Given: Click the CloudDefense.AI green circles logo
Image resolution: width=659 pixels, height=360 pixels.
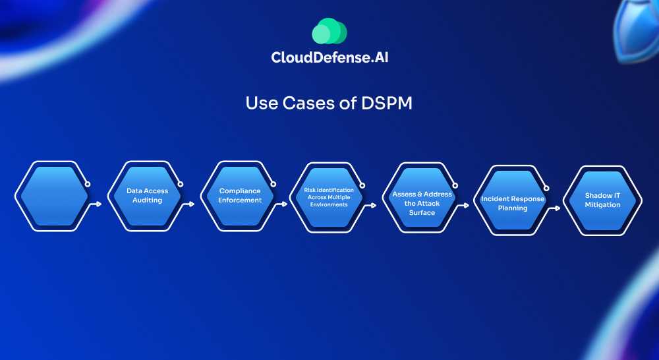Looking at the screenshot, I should tap(329, 31).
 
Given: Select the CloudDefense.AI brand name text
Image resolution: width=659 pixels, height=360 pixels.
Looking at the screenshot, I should tap(334, 58).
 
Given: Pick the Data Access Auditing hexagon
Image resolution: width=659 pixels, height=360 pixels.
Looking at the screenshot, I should tap(147, 196).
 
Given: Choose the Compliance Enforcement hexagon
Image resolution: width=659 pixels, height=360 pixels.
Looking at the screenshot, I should tap(240, 196).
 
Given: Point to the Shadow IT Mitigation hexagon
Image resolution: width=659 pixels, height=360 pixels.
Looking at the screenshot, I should tap(602, 200).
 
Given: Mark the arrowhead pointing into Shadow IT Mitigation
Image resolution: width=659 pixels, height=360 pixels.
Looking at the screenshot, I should tap(558, 208).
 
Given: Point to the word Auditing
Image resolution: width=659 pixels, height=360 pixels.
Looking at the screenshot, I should tap(147, 200).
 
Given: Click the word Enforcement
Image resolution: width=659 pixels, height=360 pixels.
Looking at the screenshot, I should tap(240, 200).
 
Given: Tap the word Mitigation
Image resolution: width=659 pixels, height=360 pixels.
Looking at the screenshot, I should tap(602, 204).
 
